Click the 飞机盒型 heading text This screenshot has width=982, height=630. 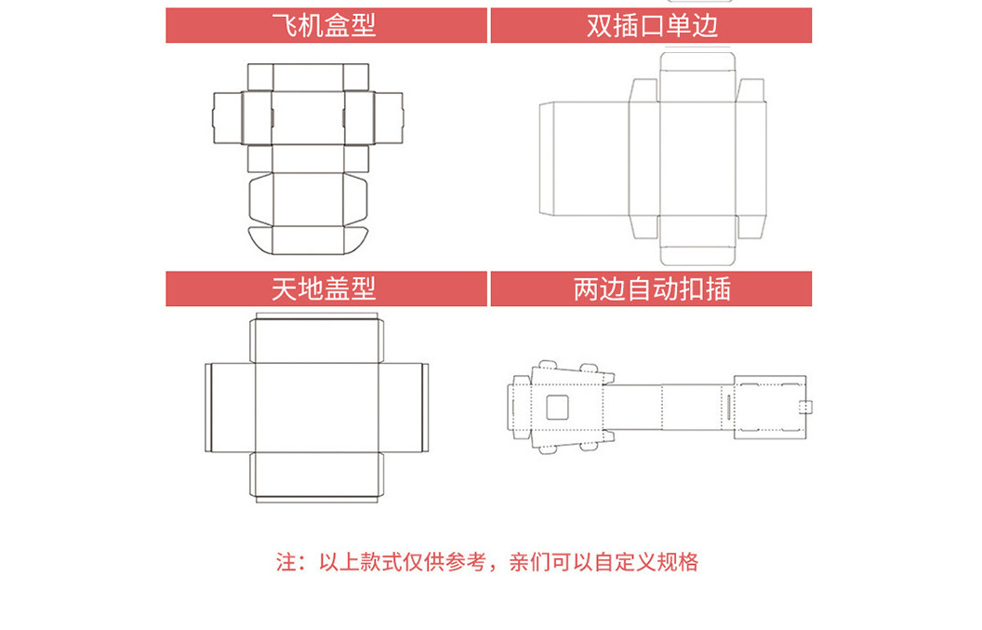[325, 25]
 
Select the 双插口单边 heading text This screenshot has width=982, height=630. [652, 25]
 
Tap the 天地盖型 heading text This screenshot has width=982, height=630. [325, 288]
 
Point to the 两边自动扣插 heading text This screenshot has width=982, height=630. [652, 288]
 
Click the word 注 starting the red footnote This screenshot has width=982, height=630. [285, 562]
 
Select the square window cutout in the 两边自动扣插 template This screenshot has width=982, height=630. [557, 407]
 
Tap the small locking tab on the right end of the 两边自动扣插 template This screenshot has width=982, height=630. [806, 407]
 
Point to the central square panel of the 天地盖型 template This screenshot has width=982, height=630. [316, 408]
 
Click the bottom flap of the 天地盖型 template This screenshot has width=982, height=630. [316, 477]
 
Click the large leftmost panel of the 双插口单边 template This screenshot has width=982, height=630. [584, 158]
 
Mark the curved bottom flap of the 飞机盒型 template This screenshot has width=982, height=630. [308, 239]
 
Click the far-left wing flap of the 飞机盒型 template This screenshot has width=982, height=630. [226, 118]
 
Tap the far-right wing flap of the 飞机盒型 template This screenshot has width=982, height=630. [391, 118]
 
